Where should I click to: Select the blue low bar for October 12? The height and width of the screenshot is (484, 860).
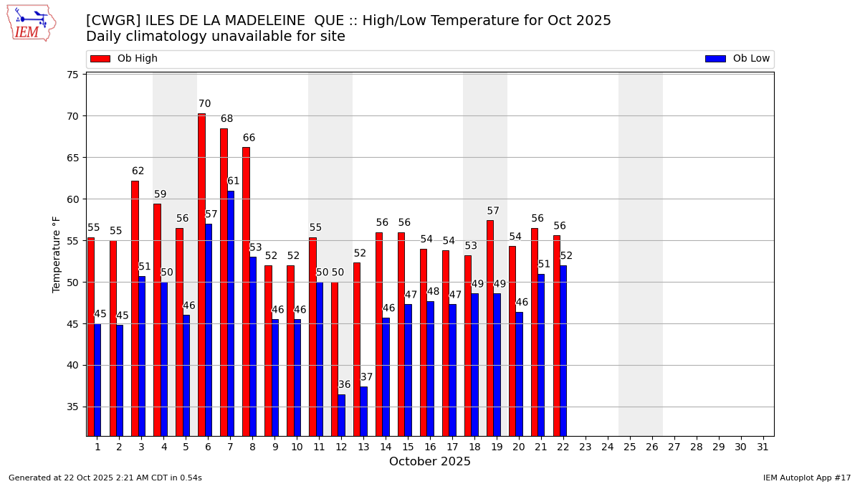[x=341, y=415]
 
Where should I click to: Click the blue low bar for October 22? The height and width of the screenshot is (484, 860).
[x=563, y=351]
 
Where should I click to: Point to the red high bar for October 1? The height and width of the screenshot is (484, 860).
[x=90, y=336]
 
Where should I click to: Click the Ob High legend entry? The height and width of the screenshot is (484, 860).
[x=124, y=59]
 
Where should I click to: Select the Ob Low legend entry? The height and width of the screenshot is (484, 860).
[x=737, y=59]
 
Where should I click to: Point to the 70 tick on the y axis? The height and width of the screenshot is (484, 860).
[x=73, y=116]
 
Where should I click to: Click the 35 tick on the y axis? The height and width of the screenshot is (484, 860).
[x=73, y=407]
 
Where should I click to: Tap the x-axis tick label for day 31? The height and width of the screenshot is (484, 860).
[x=763, y=447]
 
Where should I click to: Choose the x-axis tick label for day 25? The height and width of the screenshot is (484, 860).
[x=630, y=447]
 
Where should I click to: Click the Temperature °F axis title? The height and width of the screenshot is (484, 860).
[x=57, y=254]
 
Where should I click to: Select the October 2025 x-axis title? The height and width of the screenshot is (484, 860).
[x=430, y=462]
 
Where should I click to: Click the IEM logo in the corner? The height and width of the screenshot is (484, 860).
[x=31, y=23]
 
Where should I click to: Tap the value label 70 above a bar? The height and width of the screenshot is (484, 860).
[x=204, y=104]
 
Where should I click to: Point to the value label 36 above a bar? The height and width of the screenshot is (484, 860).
[x=345, y=385]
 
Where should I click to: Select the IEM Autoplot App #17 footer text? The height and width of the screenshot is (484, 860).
[x=806, y=478]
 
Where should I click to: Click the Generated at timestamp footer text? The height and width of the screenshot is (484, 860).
[x=105, y=478]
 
